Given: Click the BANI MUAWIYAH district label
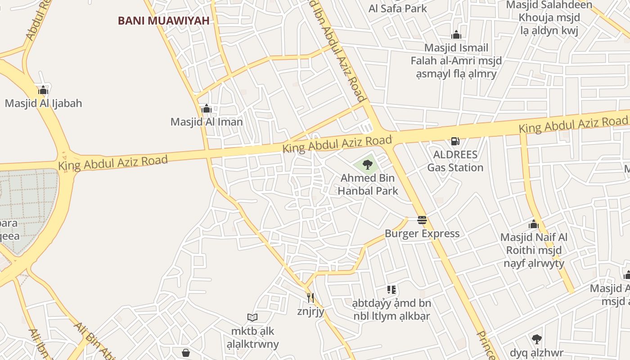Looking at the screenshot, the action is click(x=164, y=21).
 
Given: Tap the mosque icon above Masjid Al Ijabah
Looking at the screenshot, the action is click(x=43, y=90).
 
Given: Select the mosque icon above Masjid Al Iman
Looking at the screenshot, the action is click(x=207, y=109).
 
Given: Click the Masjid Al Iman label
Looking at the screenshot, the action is click(x=207, y=122).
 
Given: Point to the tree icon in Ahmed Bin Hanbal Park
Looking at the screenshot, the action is click(x=368, y=165).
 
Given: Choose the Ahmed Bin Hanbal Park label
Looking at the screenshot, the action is click(x=368, y=184).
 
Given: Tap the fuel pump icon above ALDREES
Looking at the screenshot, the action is click(x=455, y=141).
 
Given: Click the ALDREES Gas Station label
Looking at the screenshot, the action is click(x=455, y=161).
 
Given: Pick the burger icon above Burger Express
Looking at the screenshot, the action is click(x=422, y=220).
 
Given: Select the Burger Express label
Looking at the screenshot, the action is click(x=422, y=234).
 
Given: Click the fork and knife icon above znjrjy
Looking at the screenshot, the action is click(x=310, y=298).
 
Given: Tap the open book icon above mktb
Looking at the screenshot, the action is click(x=252, y=318).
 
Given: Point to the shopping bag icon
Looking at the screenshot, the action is click(x=185, y=353).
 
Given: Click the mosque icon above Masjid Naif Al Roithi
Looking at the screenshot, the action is click(x=534, y=224).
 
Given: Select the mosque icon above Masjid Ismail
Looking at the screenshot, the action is click(x=456, y=35).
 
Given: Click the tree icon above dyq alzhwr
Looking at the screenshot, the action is click(x=536, y=339).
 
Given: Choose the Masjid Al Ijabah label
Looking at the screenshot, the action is click(x=44, y=103).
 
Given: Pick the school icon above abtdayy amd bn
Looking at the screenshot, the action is click(x=391, y=290).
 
